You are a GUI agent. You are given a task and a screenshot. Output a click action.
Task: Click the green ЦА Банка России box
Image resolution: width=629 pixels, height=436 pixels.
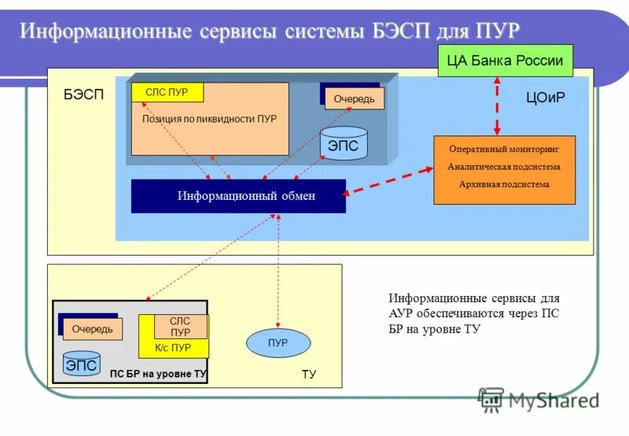[x=505, y=61]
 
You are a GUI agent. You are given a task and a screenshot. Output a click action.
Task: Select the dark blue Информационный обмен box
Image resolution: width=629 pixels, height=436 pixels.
[x=238, y=196]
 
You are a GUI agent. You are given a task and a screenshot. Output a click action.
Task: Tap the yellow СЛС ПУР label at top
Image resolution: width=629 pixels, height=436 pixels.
[x=167, y=92]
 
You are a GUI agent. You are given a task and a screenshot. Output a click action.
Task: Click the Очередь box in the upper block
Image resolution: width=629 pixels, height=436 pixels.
[x=354, y=98]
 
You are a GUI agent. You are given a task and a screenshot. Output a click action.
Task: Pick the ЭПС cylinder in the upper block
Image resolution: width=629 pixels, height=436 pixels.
[x=343, y=145]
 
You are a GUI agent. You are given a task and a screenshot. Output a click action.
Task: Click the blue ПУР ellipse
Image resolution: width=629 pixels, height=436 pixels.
[x=278, y=343]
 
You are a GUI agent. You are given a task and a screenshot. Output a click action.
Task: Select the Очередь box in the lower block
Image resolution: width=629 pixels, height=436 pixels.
[x=92, y=329]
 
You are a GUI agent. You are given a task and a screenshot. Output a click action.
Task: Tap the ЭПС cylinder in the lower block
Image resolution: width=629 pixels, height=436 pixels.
[x=81, y=365]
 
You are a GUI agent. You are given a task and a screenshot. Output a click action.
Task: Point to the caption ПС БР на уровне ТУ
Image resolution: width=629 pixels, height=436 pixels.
[x=158, y=374]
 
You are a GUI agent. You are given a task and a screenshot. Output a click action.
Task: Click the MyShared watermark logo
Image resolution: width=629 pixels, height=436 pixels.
[x=539, y=401]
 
